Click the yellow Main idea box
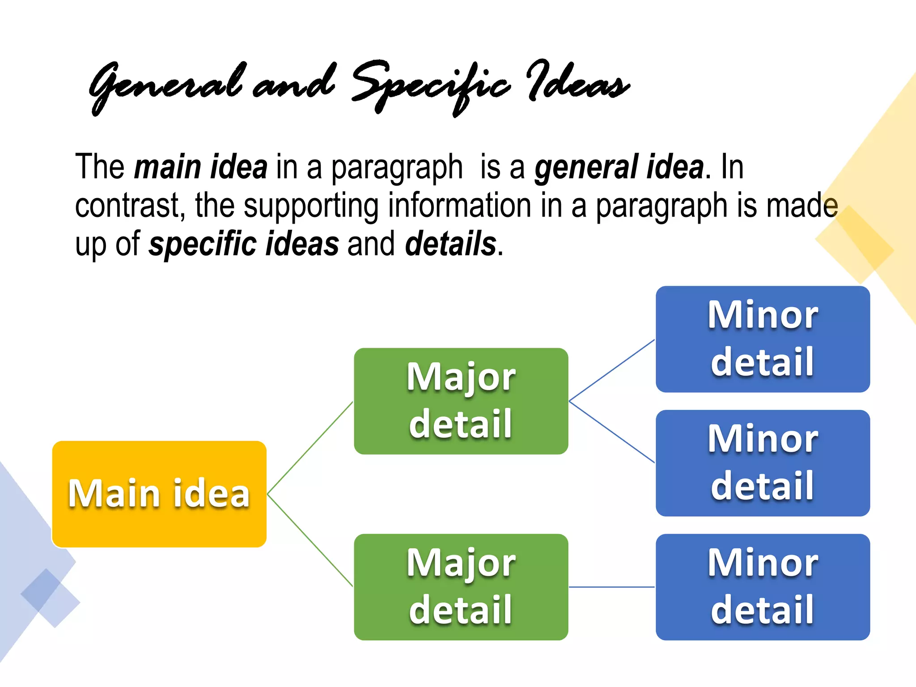(x=159, y=494)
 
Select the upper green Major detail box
(x=461, y=401)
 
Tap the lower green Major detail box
(x=461, y=587)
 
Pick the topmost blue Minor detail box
(x=763, y=339)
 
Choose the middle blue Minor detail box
(x=763, y=463)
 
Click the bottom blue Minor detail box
(x=763, y=587)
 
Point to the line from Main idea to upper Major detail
(x=310, y=448)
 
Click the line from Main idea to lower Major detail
(x=310, y=540)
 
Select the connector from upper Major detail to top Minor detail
(x=611, y=370)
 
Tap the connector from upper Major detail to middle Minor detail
(x=611, y=432)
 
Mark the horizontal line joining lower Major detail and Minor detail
(x=611, y=587)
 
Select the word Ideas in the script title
(x=577, y=83)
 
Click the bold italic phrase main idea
(x=201, y=167)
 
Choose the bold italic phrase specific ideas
(x=244, y=244)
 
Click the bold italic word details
(x=451, y=244)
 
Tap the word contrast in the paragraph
(x=130, y=206)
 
